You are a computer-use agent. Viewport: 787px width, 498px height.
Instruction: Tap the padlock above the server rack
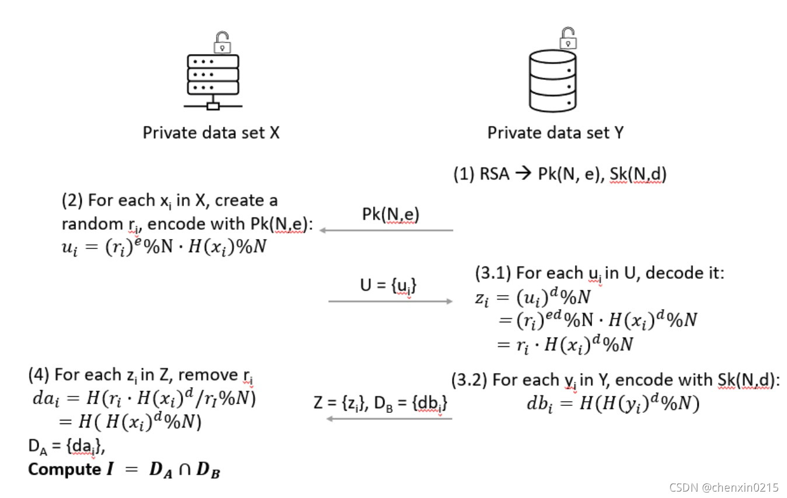click(221, 42)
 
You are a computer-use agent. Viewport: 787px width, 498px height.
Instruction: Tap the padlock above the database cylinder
click(568, 38)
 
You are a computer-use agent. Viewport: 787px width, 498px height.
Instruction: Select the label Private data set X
click(211, 133)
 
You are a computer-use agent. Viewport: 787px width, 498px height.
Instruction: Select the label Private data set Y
click(555, 133)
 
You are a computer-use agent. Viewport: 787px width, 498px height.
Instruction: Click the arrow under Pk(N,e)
click(386, 230)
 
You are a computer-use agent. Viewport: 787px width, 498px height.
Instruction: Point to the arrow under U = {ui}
click(390, 301)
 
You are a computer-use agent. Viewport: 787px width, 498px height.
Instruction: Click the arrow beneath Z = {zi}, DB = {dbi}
click(389, 418)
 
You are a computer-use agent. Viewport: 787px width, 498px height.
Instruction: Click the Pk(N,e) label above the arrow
click(391, 215)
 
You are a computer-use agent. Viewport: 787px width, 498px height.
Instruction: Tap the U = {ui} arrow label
click(389, 285)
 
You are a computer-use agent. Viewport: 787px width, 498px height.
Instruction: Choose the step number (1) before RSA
click(463, 174)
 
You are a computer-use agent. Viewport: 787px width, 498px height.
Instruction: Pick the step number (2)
click(72, 201)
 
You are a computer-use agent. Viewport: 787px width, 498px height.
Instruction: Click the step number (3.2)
click(469, 380)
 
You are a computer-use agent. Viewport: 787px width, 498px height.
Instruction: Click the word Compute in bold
click(61, 469)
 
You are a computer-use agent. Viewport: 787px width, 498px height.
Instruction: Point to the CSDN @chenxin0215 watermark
click(723, 487)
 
